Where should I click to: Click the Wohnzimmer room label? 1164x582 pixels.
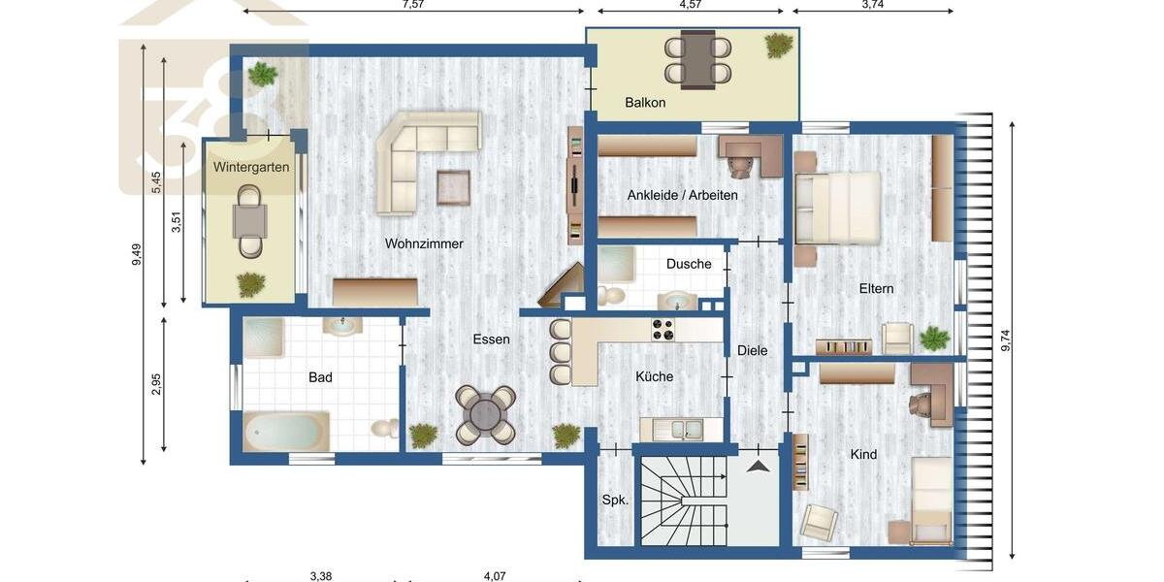(424, 243)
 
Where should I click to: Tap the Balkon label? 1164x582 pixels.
(645, 102)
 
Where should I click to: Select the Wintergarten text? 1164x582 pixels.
(251, 167)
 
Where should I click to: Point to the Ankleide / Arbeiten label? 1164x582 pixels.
(682, 195)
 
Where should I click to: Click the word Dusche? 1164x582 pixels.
(689, 264)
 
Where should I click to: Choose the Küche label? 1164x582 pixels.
(654, 376)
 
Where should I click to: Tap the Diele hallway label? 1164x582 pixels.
(752, 350)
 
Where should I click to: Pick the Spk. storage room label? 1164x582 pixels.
(615, 501)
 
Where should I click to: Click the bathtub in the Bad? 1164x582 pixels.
(285, 432)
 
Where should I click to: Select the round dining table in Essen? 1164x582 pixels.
(486, 414)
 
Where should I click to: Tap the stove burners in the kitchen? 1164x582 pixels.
(663, 330)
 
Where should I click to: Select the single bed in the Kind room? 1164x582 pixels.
(931, 501)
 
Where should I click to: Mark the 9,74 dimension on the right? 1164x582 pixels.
(1006, 340)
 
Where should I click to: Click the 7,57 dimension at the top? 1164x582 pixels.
(413, 5)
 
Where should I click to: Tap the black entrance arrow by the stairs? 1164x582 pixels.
(759, 467)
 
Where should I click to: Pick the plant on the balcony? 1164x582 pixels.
(778, 46)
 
